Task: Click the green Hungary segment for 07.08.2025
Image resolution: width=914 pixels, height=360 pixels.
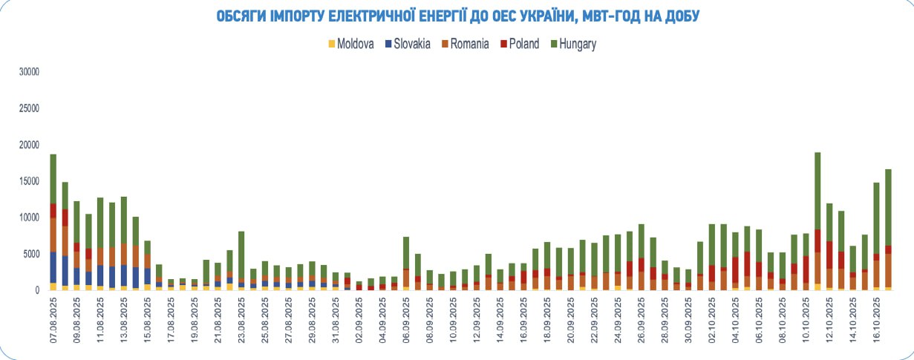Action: click(x=53, y=178)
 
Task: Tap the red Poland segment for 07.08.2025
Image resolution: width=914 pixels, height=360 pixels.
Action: click(x=53, y=210)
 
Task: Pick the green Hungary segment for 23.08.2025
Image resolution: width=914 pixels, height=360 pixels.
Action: click(x=241, y=256)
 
